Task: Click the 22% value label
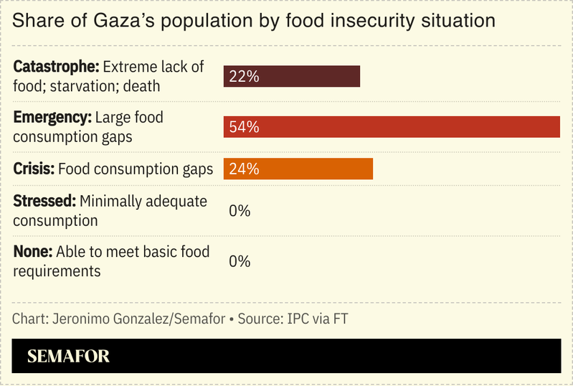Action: point(244,76)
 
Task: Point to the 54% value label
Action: point(244,127)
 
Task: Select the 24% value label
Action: point(244,169)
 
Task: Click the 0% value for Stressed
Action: point(239,211)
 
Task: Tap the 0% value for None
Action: point(239,261)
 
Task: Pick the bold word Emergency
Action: point(52,118)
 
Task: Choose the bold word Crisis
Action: point(33,169)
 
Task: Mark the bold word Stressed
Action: point(44,202)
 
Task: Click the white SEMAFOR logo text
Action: point(68,357)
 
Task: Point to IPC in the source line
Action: point(295,319)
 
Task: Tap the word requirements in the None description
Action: point(57,271)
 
